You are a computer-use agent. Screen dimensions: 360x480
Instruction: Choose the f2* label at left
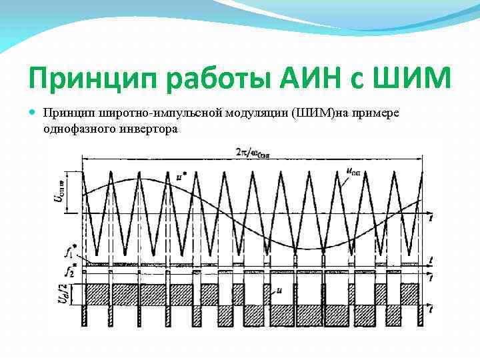pyautogui.click(x=67, y=270)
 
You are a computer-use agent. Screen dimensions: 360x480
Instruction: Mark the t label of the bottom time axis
pyautogui.click(x=432, y=308)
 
